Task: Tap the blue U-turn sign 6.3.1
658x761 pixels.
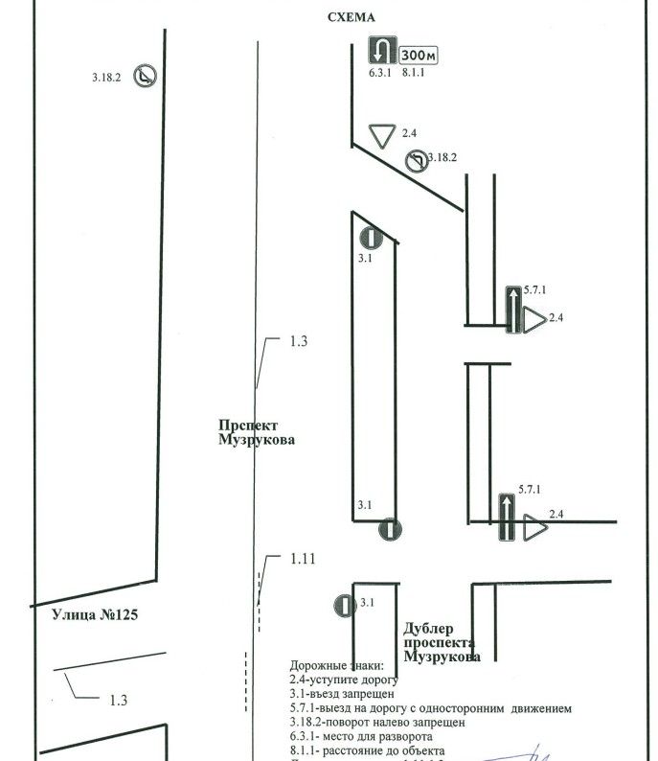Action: (x=383, y=50)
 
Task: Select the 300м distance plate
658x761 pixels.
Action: (x=419, y=56)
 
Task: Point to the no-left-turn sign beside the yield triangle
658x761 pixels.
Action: (x=417, y=160)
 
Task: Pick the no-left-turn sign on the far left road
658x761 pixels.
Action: (x=146, y=76)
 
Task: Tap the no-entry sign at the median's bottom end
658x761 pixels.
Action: (x=389, y=529)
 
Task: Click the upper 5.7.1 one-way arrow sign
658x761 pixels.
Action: (x=514, y=310)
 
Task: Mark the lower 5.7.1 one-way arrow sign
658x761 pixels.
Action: (x=508, y=519)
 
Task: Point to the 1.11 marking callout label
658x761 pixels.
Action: (x=304, y=558)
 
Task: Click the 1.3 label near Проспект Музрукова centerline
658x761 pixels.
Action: (x=299, y=341)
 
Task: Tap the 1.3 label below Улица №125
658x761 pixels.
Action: (x=118, y=701)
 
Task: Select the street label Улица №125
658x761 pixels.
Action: (x=81, y=614)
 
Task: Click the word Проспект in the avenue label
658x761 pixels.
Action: (x=247, y=426)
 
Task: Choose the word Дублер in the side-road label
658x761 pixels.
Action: (x=428, y=628)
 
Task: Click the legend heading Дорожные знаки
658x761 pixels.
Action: (x=336, y=665)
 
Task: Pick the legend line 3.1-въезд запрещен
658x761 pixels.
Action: (x=341, y=693)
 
